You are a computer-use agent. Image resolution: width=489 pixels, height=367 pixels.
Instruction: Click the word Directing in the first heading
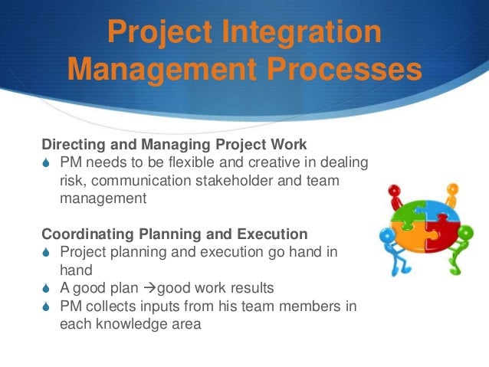click(x=70, y=144)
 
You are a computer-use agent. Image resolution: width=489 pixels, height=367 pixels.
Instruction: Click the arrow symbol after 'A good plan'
click(x=150, y=288)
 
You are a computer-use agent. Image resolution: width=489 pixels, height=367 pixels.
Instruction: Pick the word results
click(x=246, y=288)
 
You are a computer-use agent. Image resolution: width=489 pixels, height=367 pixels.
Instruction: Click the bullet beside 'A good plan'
click(x=47, y=288)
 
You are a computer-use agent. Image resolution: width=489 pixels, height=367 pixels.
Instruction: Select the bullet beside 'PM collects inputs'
click(x=47, y=306)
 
